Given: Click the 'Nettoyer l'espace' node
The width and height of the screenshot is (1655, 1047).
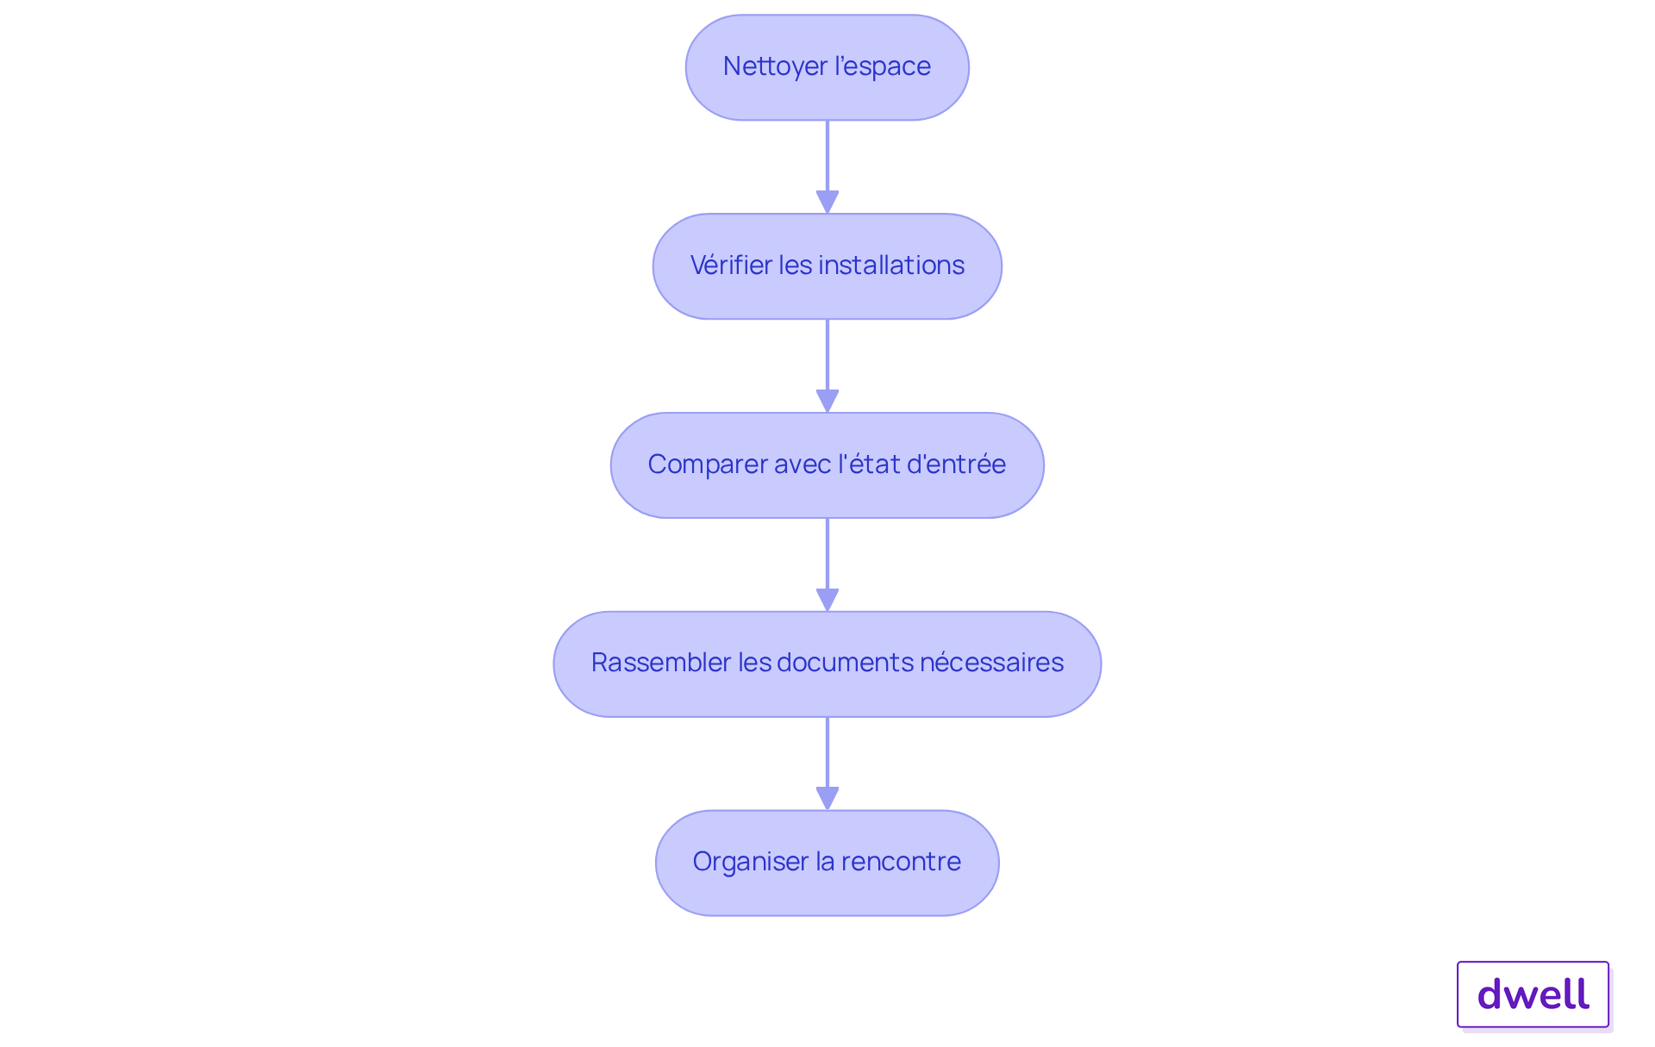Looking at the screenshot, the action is coord(827,67).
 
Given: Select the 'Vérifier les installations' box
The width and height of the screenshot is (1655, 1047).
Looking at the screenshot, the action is coord(827,266).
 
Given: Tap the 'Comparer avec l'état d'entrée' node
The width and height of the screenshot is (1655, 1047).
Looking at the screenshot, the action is coord(827,465).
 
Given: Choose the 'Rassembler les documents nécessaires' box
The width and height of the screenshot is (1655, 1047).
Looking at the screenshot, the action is coord(827,664).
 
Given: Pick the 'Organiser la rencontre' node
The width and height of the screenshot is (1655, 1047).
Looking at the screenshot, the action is coord(827,863).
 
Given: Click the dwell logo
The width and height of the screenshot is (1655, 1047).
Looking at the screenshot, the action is coord(1533,994).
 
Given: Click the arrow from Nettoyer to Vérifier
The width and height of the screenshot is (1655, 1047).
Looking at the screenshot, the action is coord(827,166).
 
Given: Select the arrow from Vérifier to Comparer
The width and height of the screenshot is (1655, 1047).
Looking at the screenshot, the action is coord(827,365).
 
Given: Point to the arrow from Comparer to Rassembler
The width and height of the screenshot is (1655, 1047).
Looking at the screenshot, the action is coord(827,564).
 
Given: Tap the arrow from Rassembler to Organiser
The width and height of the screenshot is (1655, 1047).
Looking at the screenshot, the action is coord(827,763).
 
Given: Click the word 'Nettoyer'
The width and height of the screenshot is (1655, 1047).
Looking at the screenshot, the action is coord(775,67).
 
